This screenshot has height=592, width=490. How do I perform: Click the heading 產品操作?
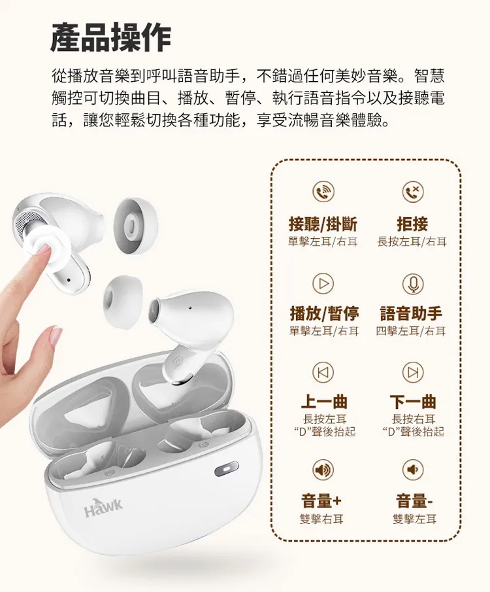tap(111, 37)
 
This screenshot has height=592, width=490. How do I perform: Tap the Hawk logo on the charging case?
tap(104, 508)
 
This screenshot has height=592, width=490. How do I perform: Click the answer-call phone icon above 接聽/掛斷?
tap(323, 192)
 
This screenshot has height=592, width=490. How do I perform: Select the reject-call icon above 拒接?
tap(413, 192)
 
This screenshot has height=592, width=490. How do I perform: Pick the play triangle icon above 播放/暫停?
tap(323, 283)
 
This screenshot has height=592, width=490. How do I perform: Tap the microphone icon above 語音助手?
tap(413, 283)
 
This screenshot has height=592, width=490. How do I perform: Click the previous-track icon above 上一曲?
tap(323, 372)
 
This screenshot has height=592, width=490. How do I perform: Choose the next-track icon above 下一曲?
tap(413, 372)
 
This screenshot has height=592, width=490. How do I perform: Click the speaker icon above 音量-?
tap(413, 470)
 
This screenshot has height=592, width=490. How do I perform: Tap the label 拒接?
tap(412, 224)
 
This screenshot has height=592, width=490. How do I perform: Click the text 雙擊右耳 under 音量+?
tap(321, 519)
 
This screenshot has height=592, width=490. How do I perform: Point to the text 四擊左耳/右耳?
tap(411, 331)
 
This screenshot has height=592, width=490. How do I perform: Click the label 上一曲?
tap(324, 402)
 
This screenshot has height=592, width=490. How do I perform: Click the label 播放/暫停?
tap(324, 313)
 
